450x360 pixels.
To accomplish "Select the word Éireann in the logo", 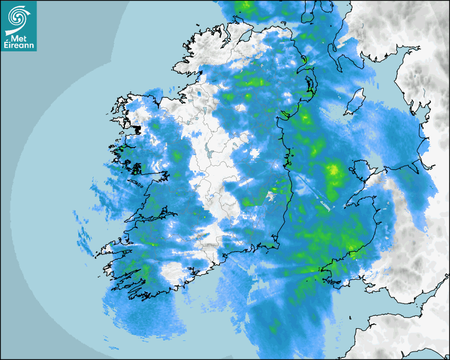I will (20, 46).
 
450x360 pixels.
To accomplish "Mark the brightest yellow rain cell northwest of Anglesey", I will (334, 170).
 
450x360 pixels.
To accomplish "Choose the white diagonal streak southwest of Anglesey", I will (323, 204).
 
